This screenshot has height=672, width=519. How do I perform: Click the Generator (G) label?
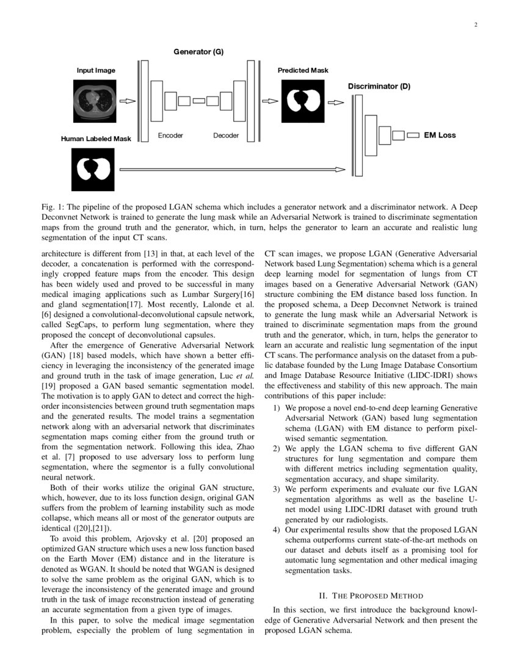tap(199, 53)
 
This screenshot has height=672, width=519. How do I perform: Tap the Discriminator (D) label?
tap(379, 87)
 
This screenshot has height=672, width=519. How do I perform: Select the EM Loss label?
tap(440, 135)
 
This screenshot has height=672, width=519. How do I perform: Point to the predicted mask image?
tap(303, 101)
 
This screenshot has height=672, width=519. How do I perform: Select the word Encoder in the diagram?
tap(170, 135)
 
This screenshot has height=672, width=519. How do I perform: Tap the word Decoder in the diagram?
tap(226, 135)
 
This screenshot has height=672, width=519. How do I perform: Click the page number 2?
tap(474, 25)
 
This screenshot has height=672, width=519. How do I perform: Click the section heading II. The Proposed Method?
tap(371, 596)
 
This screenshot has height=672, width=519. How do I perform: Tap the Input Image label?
tap(96, 70)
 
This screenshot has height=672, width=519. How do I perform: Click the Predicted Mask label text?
tap(303, 70)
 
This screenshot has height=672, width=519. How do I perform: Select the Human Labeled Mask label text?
tap(96, 139)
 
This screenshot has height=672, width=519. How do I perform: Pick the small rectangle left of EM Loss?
tap(413, 135)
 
